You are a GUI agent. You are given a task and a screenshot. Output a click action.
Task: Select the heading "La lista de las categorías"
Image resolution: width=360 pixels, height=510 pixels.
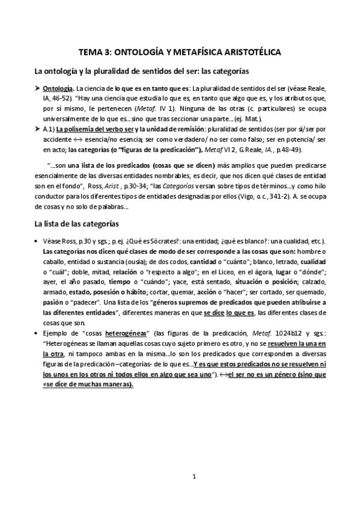click(x=84, y=224)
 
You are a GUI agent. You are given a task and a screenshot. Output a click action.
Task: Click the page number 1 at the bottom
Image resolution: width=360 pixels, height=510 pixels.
click(x=194, y=478)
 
